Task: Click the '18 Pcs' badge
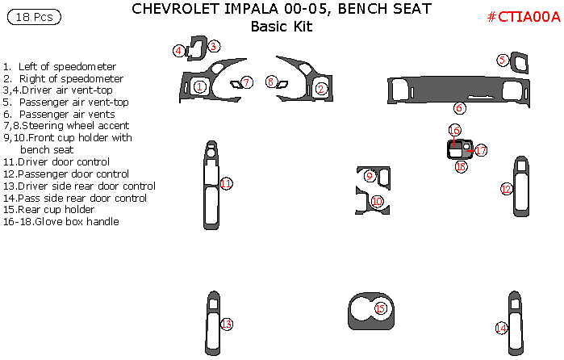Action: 32,16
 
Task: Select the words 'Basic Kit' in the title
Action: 281,27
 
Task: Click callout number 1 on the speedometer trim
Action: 199,86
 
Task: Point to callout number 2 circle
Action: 321,89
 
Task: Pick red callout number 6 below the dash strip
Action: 459,107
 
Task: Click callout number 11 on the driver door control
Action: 227,184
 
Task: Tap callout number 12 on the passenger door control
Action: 507,189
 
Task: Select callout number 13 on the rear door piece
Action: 227,324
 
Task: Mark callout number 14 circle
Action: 501,328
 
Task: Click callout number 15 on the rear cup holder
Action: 380,308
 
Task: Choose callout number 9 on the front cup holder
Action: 370,176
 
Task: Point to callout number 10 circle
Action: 377,201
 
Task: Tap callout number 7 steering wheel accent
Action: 248,82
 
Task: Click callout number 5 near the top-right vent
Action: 502,60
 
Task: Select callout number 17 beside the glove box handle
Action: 481,150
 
